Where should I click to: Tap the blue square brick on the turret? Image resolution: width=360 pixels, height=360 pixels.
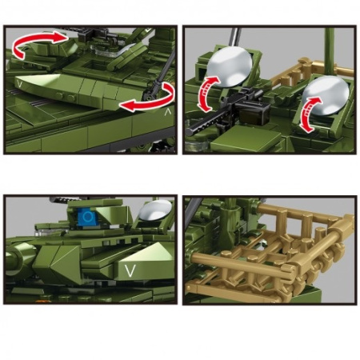coord(87,217)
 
